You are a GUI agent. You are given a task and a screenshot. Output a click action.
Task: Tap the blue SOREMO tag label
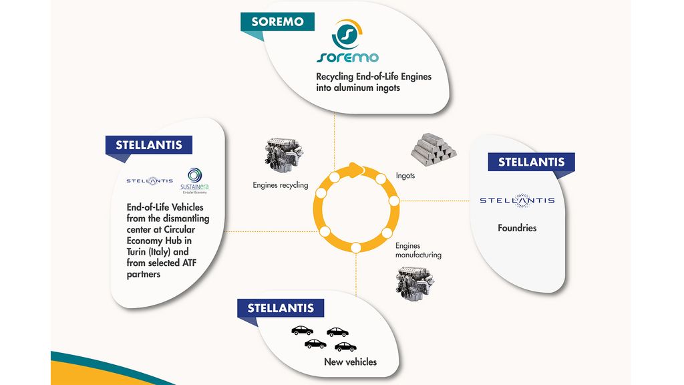(x=277, y=21)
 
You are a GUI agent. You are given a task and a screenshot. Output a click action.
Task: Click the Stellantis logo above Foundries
(x=517, y=200)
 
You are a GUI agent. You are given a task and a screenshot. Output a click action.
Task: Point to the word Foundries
(x=517, y=228)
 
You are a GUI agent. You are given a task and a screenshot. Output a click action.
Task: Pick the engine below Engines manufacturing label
(x=415, y=282)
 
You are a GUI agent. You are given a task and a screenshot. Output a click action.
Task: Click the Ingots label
(x=405, y=176)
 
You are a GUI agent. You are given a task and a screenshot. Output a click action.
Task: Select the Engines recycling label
(x=281, y=185)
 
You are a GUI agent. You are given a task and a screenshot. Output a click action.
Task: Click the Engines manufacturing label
(x=418, y=251)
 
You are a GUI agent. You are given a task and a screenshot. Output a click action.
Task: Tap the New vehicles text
(x=350, y=362)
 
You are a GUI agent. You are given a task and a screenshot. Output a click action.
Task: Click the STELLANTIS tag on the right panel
(x=531, y=162)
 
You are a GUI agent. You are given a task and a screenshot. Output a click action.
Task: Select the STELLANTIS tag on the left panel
(x=149, y=145)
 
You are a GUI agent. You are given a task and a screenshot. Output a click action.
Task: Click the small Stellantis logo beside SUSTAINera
(x=150, y=180)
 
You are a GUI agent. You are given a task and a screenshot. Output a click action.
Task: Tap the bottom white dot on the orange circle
(x=355, y=247)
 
